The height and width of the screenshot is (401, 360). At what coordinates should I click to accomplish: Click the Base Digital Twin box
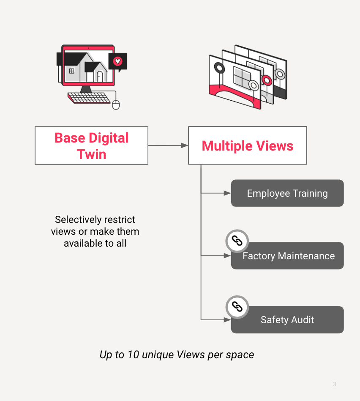(x=91, y=146)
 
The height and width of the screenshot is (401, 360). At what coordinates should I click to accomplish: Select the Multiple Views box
(x=247, y=146)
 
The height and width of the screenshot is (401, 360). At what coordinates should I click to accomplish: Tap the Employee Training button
(x=287, y=193)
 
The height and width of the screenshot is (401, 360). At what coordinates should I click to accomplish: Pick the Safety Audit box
(x=287, y=320)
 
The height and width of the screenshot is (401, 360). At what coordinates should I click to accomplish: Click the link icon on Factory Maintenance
(x=237, y=242)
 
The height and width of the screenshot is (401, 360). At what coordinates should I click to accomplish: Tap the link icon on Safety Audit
(x=237, y=306)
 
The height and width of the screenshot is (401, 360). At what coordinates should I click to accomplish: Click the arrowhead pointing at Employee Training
(x=227, y=193)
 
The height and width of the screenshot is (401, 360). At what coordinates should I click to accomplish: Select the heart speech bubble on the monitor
(x=117, y=62)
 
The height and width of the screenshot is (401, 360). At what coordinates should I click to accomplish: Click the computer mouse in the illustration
(x=116, y=104)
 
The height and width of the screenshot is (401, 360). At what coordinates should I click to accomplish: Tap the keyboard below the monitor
(x=89, y=98)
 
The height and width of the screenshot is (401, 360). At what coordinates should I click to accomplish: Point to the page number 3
(x=335, y=384)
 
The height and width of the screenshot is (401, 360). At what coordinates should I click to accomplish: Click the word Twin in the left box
(x=91, y=154)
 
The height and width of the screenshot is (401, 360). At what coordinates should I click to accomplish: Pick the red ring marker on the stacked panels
(x=267, y=80)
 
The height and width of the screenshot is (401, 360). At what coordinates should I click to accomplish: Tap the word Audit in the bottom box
(x=301, y=320)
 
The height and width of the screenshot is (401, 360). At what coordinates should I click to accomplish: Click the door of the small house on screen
(x=100, y=76)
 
